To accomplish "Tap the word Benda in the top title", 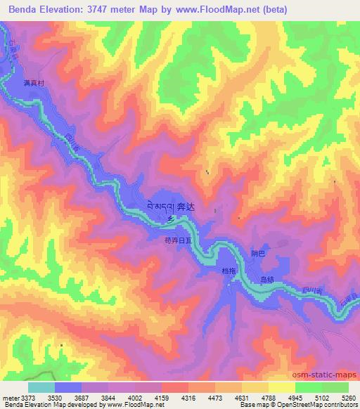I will (25, 9).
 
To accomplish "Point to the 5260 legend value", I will (350, 398).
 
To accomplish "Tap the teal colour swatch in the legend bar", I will (41, 387).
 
